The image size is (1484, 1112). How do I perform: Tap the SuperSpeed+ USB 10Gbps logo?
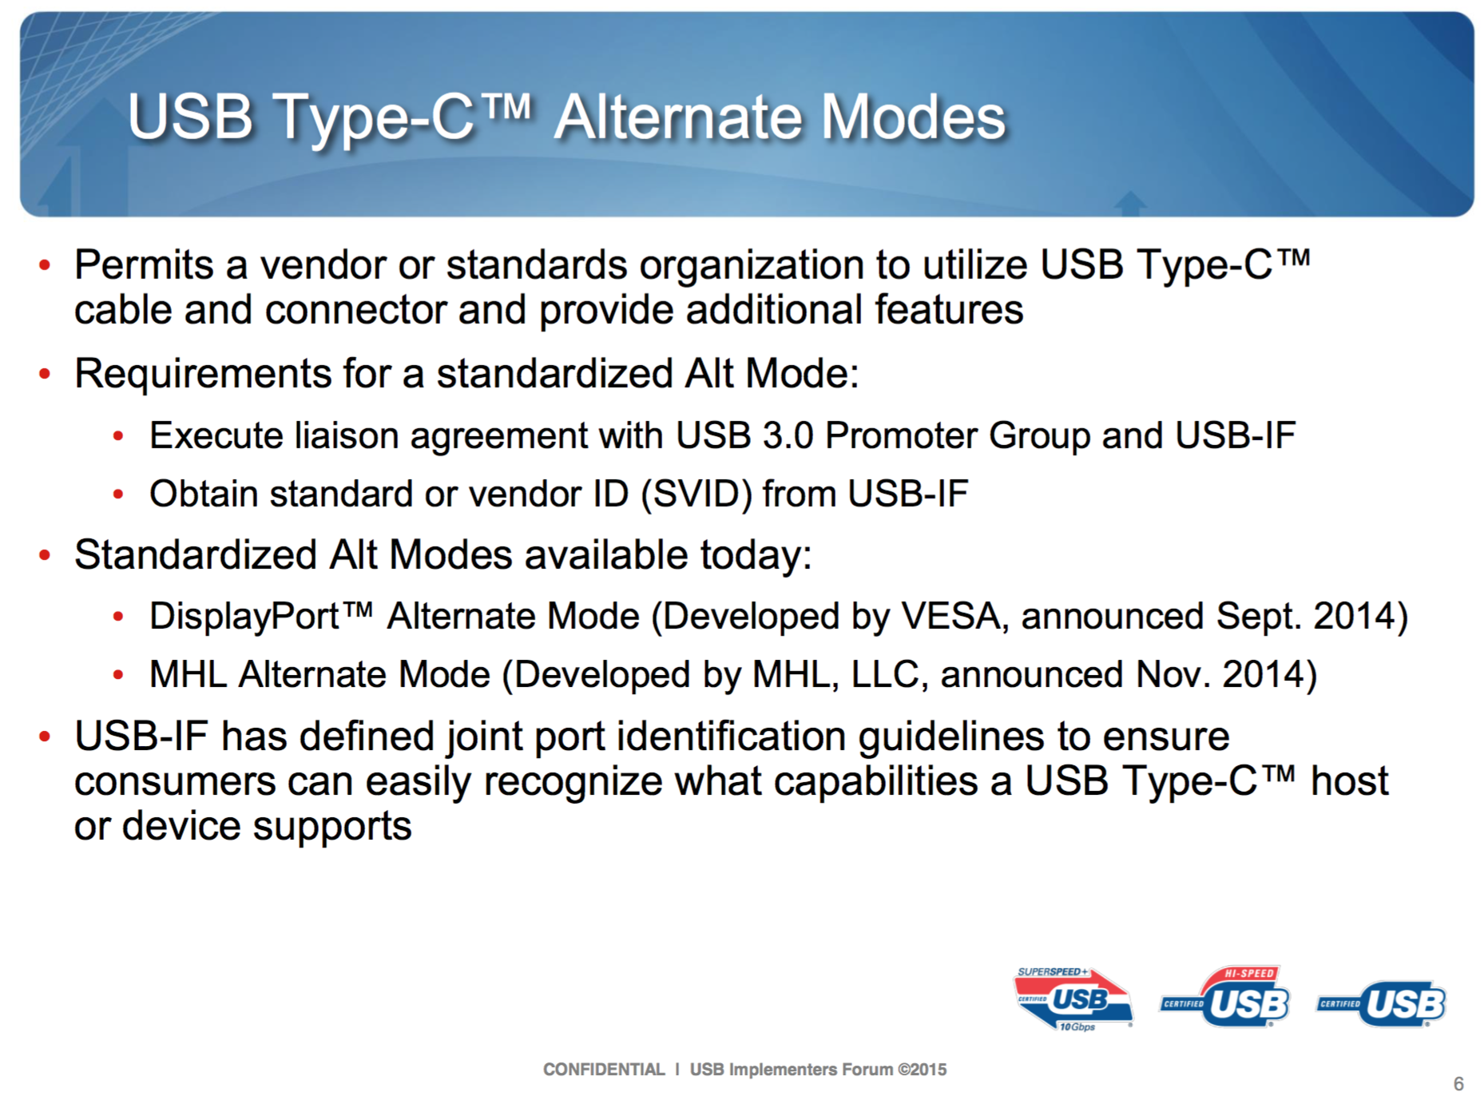pos(1073,999)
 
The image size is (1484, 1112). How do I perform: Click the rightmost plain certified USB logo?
pos(1382,1003)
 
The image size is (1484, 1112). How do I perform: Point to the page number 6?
pos(1458,1084)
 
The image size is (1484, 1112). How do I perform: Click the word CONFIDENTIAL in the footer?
pos(604,1070)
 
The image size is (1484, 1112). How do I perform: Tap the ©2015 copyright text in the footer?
pos(922,1070)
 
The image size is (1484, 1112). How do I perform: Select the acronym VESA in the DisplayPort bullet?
pos(950,616)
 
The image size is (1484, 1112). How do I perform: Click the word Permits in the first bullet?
pos(144,264)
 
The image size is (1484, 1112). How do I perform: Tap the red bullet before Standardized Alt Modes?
pos(46,555)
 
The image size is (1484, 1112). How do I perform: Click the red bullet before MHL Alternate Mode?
pos(118,676)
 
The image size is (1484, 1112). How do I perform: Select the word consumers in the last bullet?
pos(175,782)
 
